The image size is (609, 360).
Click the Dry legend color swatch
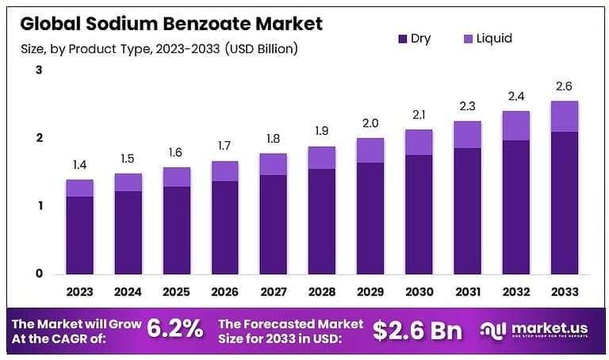[x=402, y=39]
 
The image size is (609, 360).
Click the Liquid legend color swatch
[x=468, y=39]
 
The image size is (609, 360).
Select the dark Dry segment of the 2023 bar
[x=79, y=234]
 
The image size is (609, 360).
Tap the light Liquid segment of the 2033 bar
[x=565, y=116]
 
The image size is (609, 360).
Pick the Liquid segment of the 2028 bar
[x=321, y=157]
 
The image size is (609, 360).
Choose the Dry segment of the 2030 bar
[x=419, y=213]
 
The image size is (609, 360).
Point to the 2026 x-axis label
[x=224, y=291]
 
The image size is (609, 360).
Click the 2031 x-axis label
[x=467, y=291]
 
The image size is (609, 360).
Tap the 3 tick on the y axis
[x=38, y=71]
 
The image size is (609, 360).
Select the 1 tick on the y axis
[x=38, y=206]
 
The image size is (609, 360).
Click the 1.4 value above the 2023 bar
[x=79, y=166]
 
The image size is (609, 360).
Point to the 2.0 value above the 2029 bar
[x=370, y=123]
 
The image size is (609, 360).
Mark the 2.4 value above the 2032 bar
[x=516, y=96]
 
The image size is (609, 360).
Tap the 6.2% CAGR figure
[x=176, y=327]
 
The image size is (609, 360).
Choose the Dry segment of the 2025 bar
[x=176, y=229]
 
